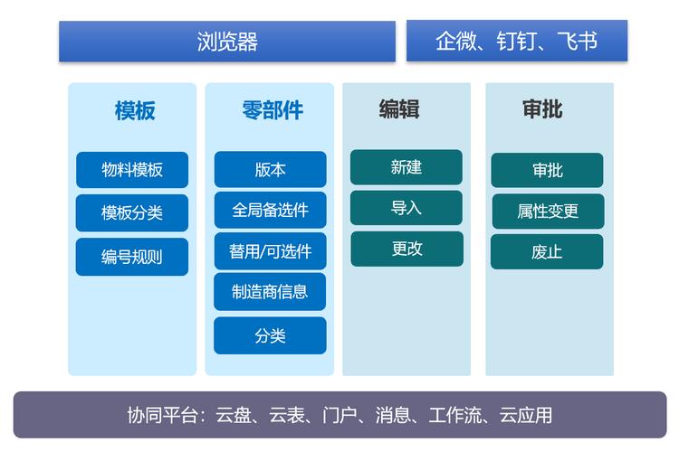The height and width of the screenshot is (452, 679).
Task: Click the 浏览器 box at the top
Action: [x=227, y=42]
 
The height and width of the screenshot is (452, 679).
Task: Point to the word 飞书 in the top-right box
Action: [x=578, y=42]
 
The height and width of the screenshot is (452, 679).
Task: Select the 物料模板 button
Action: [x=132, y=170]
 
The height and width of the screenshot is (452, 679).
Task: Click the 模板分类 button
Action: [x=132, y=213]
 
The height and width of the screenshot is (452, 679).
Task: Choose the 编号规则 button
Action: [x=132, y=257]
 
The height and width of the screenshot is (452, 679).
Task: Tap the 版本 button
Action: [x=270, y=169]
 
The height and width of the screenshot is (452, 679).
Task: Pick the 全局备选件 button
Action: [x=270, y=210]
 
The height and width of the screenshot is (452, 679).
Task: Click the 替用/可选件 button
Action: [x=270, y=250]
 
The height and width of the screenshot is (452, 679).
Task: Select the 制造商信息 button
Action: [x=270, y=291]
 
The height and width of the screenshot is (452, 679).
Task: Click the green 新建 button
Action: [x=406, y=167]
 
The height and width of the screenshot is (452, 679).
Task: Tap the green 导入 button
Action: [x=406, y=208]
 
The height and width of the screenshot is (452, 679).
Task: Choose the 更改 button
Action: [x=406, y=249]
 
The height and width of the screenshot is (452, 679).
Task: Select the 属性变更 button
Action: [x=548, y=212]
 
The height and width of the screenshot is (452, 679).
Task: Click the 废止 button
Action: [x=548, y=252]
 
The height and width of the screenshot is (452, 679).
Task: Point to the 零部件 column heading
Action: [x=273, y=110]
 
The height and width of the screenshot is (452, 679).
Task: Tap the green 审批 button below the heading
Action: [x=548, y=170]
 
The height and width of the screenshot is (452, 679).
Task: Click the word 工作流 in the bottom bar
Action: [x=459, y=415]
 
